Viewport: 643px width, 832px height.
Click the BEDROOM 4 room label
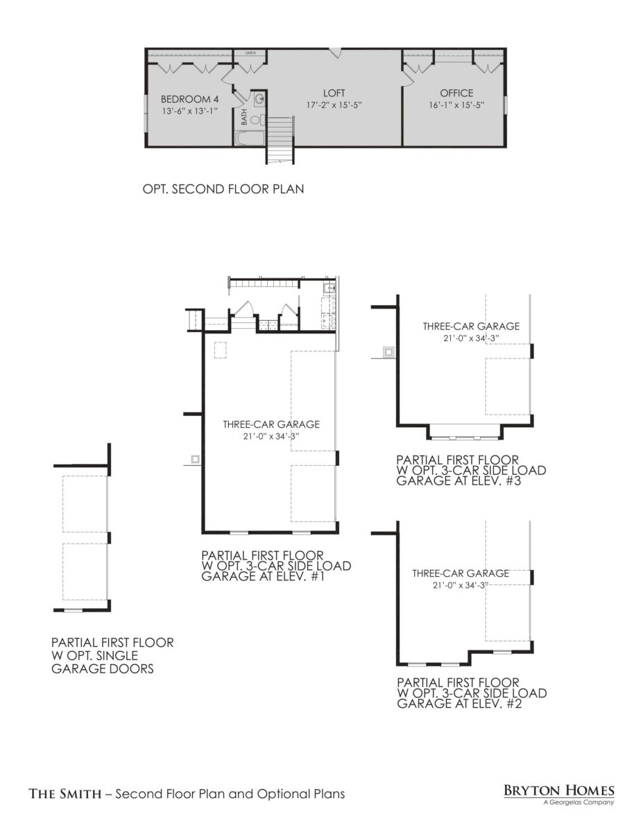(189, 99)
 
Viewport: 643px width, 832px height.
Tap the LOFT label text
(334, 93)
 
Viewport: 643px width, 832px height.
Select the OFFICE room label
(456, 93)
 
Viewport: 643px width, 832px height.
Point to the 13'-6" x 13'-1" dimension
(190, 111)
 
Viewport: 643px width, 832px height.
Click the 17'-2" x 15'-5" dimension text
(334, 105)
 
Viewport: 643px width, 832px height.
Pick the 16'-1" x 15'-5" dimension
(456, 105)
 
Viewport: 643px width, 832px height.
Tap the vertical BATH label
(244, 117)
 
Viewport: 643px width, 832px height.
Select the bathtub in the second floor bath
(249, 138)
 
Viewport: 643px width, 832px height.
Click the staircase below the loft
(280, 141)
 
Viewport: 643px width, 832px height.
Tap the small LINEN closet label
(250, 53)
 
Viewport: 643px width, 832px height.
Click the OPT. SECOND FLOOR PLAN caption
(223, 189)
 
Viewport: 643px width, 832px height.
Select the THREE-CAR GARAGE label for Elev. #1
(271, 424)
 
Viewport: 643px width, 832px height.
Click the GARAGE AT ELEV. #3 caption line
(458, 480)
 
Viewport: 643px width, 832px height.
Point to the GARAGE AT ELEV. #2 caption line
(458, 703)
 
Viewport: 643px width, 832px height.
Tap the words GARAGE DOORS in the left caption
(103, 669)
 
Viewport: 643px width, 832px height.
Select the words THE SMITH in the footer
(65, 794)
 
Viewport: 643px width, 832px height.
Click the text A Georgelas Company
(578, 801)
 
